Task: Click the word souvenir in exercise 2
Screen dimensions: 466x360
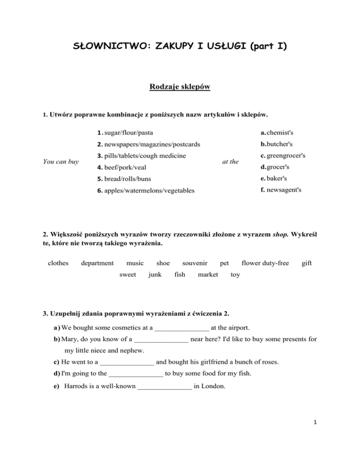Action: point(195,263)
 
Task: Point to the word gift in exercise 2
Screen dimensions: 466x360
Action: point(307,263)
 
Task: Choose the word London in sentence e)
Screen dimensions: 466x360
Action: point(214,387)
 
